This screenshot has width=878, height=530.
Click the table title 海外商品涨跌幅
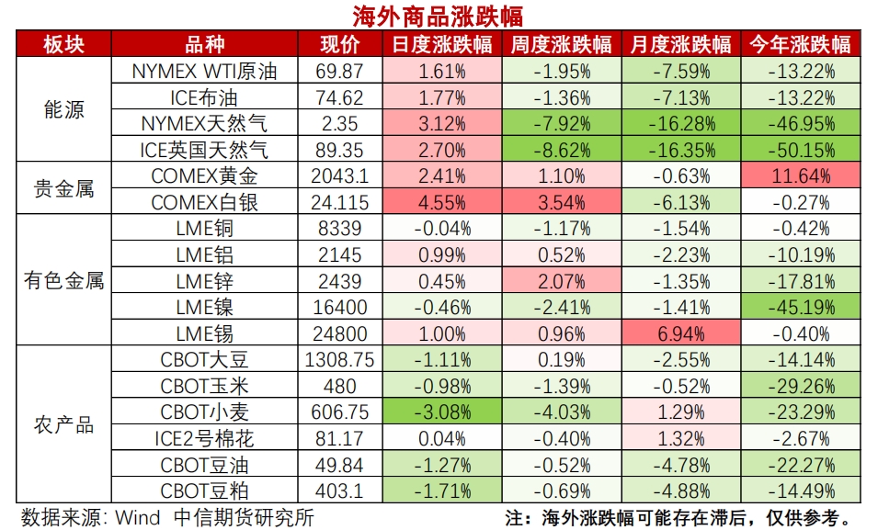(439, 16)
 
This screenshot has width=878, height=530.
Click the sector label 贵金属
(63, 188)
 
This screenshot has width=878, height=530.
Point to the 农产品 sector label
(63, 425)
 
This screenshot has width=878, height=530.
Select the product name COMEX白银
(203, 201)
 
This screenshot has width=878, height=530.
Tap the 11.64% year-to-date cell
(799, 175)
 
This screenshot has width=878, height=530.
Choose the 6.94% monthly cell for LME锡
(681, 333)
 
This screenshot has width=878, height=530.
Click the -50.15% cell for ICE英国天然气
(799, 150)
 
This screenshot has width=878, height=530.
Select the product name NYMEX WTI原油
(203, 71)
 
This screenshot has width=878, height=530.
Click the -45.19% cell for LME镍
(799, 307)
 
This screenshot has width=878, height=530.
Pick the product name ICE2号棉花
(203, 438)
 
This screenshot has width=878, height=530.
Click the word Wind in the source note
(137, 517)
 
